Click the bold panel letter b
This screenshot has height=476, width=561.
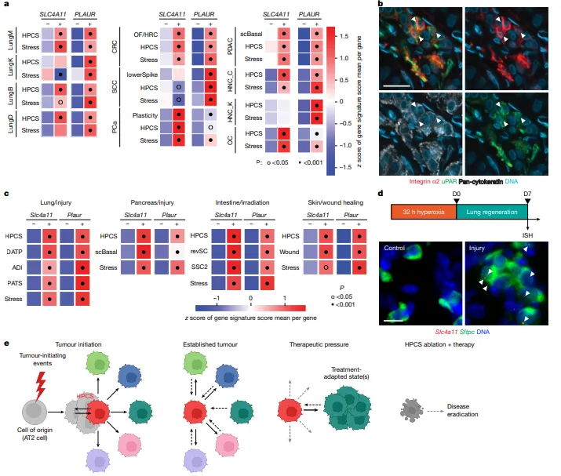coord(381,6)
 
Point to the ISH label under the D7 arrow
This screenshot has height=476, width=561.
coord(526,231)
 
